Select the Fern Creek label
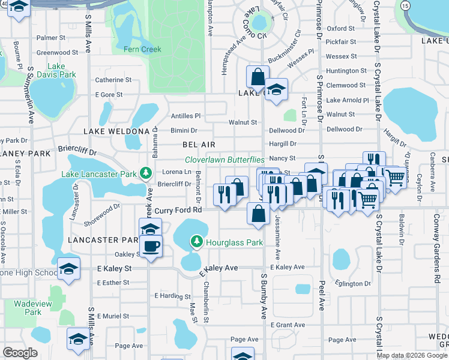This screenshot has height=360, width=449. pos(142,49)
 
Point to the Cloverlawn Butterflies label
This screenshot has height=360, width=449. pos(224,160)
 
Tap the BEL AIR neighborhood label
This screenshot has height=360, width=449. pos(199,145)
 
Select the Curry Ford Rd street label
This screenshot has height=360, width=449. pos(177,211)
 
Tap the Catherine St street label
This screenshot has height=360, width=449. pos(113,80)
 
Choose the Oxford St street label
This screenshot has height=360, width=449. pos(341,28)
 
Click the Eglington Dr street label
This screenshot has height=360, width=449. pos(354,283)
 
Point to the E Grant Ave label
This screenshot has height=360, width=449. pos(288,325)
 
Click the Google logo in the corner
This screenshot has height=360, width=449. pos(20,352)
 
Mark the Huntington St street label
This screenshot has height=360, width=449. pos(342,71)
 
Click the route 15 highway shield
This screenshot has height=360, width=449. pos(406,5)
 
